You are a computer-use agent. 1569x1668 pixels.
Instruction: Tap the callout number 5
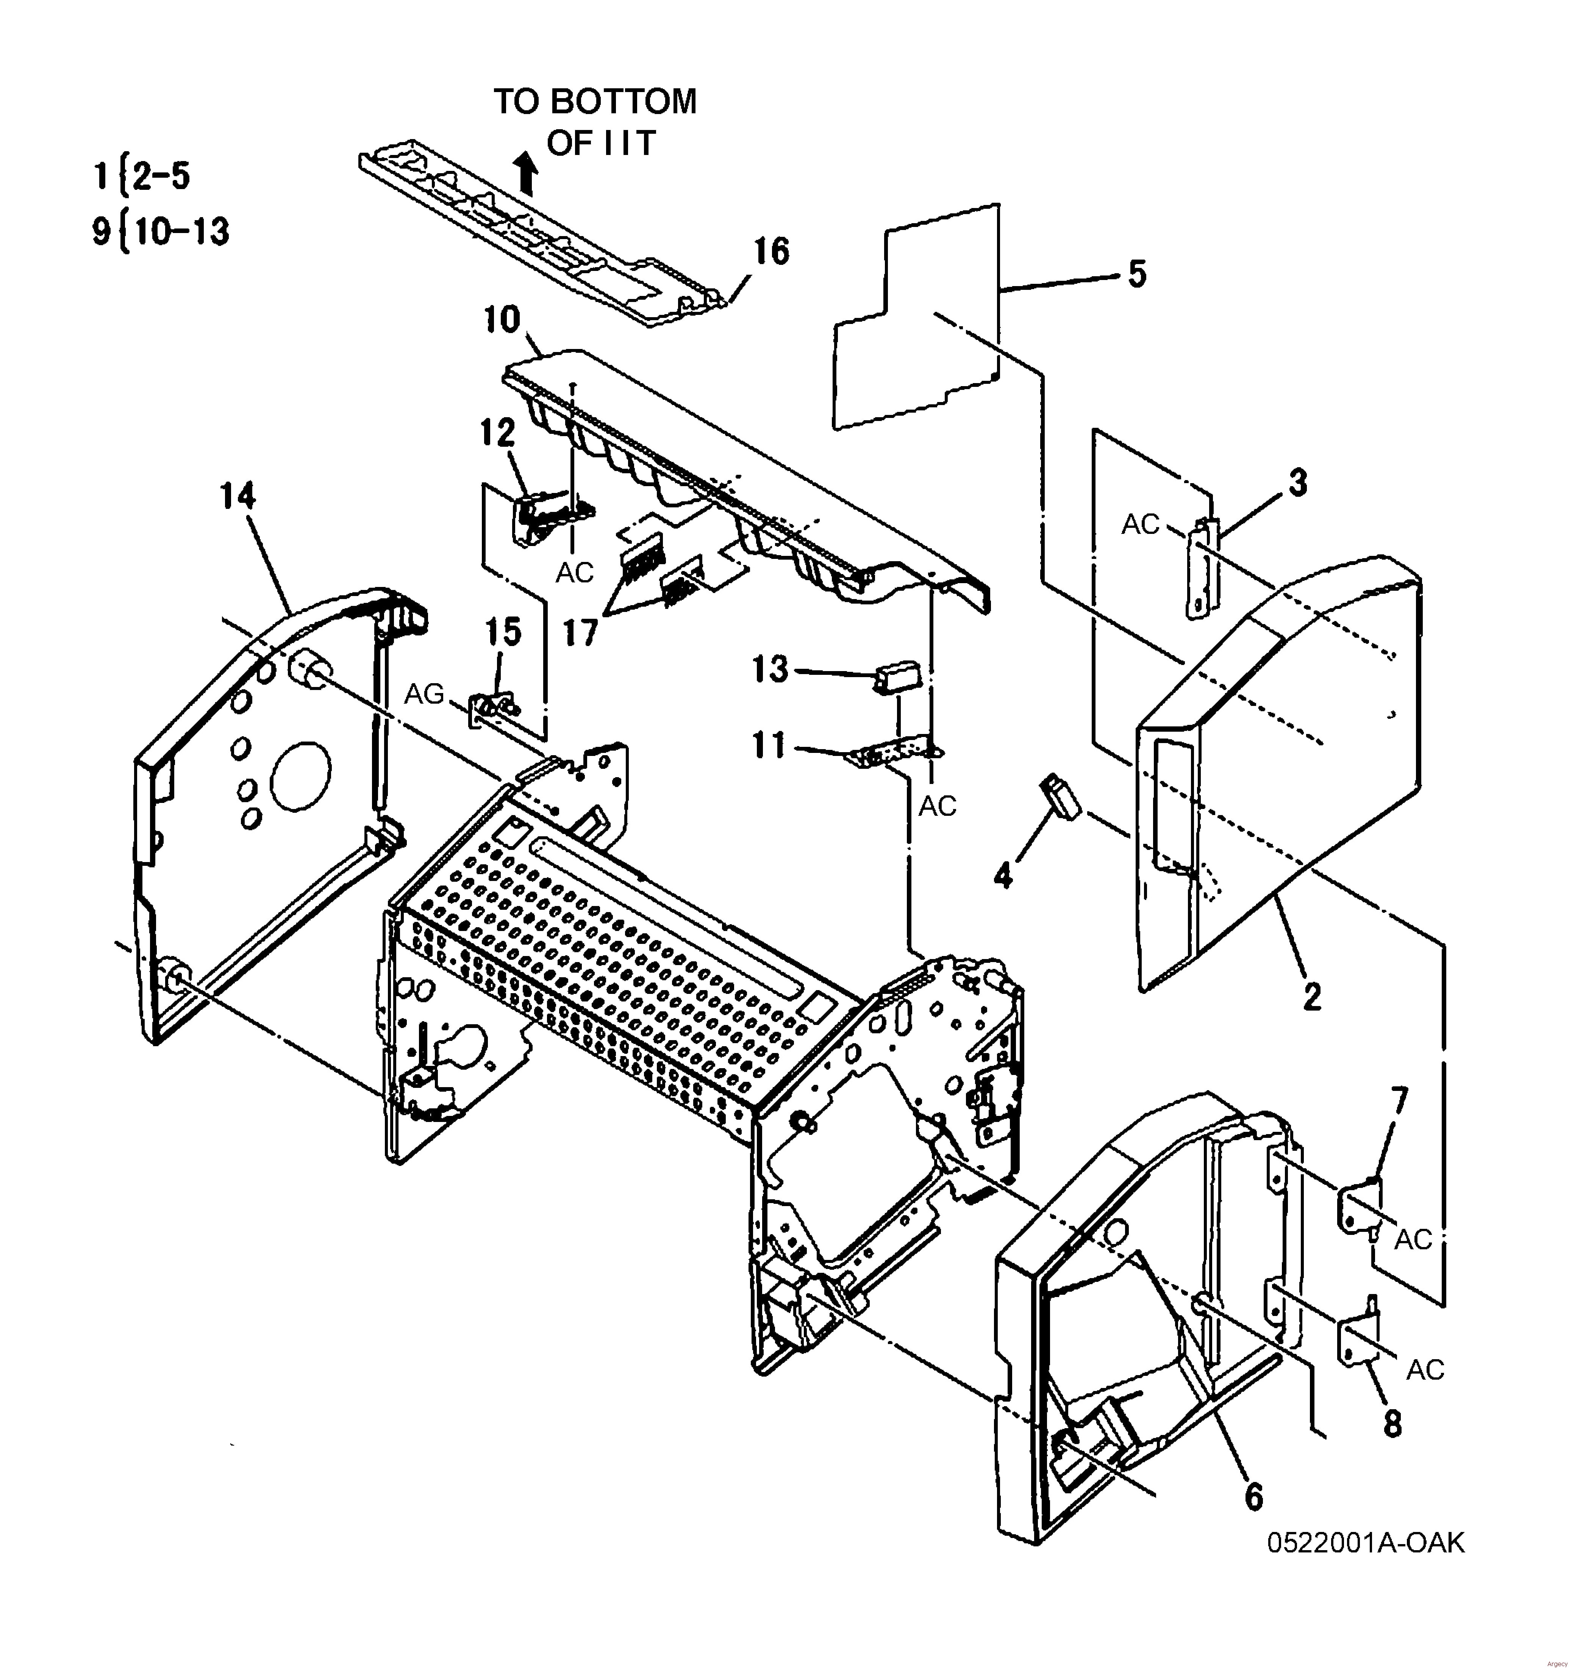click(1136, 274)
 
